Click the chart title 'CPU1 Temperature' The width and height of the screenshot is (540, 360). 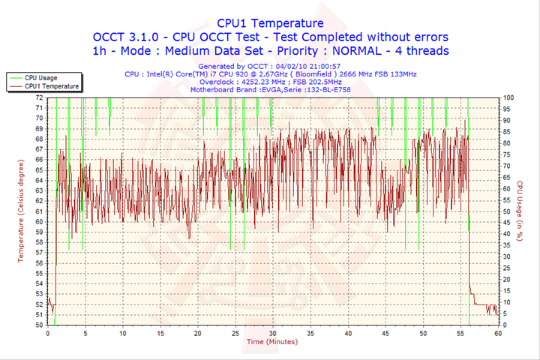pyautogui.click(x=270, y=23)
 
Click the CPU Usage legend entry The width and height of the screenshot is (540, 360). pyautogui.click(x=40, y=77)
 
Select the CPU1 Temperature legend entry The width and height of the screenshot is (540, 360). pyautogui.click(x=50, y=86)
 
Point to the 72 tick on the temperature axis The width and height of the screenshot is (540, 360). pyautogui.click(x=39, y=97)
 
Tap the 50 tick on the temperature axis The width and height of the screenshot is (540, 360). pyautogui.click(x=39, y=325)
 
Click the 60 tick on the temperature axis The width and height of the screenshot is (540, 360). pyautogui.click(x=39, y=221)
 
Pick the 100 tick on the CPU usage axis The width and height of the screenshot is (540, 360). pyautogui.click(x=508, y=97)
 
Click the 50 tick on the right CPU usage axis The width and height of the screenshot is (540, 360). pyautogui.click(x=507, y=211)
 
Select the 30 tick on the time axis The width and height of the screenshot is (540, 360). pyautogui.click(x=272, y=332)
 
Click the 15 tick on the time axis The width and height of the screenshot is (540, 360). pyautogui.click(x=160, y=332)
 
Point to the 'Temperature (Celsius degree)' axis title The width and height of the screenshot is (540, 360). pyautogui.click(x=21, y=211)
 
